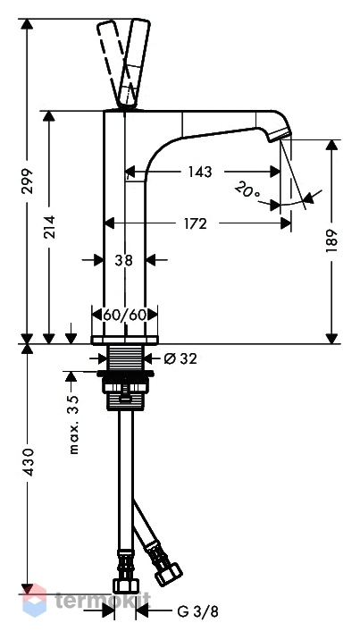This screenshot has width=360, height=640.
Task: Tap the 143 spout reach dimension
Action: [200, 172]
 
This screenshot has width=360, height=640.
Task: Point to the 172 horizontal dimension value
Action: [195, 223]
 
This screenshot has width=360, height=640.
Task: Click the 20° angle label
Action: [247, 190]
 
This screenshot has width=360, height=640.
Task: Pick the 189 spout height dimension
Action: [332, 240]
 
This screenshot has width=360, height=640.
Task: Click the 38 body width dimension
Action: [123, 260]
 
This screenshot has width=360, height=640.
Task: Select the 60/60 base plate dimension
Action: [124, 315]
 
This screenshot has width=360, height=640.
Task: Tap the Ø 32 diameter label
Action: [180, 358]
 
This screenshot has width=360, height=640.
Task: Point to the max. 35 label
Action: [73, 425]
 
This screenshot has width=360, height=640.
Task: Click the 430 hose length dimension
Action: [28, 462]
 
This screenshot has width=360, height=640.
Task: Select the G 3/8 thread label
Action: [198, 611]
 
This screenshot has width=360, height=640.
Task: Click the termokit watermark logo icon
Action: [34, 600]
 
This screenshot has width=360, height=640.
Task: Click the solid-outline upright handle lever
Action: [133, 63]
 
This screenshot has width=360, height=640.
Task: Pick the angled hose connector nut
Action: [168, 574]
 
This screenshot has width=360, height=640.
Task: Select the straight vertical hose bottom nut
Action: [126, 585]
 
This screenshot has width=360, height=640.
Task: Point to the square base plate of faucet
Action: [124, 341]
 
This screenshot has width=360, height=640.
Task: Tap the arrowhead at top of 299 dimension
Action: [28, 23]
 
